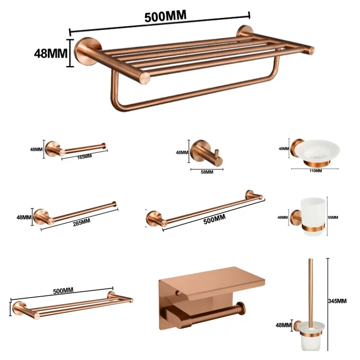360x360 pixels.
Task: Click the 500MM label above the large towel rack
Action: [x=165, y=16]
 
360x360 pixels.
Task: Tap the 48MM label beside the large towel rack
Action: [x=50, y=53]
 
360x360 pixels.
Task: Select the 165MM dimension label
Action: [x=84, y=156]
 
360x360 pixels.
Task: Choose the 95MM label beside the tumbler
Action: [x=333, y=217]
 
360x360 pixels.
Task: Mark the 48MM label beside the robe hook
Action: [x=182, y=152]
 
